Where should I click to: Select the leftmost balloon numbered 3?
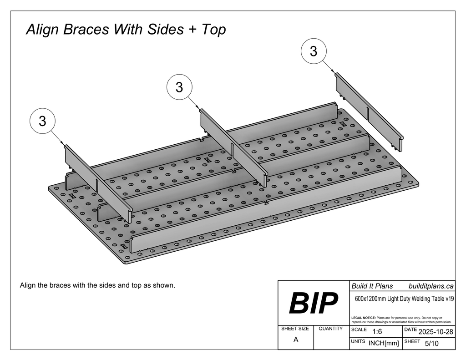coord(42,121)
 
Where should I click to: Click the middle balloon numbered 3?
coord(179,87)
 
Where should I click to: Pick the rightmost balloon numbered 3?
coord(314,51)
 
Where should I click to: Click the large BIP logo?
coord(314,304)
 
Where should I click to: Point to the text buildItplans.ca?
coord(431,286)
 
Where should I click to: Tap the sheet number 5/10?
coord(431,344)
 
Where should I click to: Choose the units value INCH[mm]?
coord(384,344)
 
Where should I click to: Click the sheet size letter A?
coord(296,340)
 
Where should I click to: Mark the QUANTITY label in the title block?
coord(331,329)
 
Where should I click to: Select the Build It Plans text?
coord(372,286)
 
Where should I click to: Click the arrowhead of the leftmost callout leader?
coord(63,144)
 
